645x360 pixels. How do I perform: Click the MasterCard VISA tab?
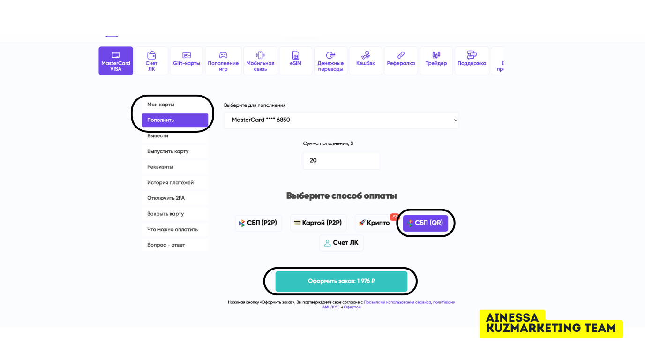tap(116, 61)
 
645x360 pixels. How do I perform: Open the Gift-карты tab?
tap(187, 61)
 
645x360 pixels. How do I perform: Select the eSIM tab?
tap(296, 61)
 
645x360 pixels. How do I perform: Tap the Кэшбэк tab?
tap(366, 61)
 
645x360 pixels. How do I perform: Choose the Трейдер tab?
tap(436, 61)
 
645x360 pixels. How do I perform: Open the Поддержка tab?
tap(472, 61)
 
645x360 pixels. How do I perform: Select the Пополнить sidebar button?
tap(175, 120)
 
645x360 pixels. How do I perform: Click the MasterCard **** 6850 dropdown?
tap(341, 120)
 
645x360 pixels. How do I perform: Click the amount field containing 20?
tap(341, 160)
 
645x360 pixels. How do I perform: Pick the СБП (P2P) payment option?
tap(258, 223)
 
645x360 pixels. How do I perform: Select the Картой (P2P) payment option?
tap(318, 223)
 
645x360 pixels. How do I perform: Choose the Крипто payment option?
tap(375, 223)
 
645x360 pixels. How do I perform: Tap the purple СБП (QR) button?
tap(426, 223)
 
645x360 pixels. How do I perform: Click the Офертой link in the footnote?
tap(352, 307)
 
